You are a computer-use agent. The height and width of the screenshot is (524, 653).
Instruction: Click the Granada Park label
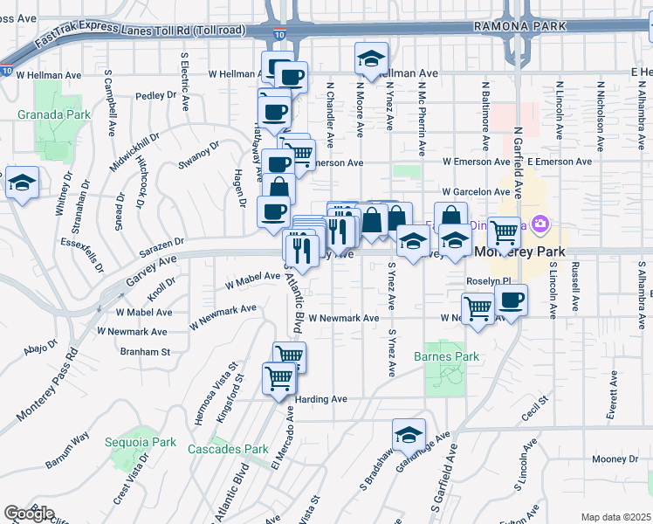pyautogui.click(x=42, y=114)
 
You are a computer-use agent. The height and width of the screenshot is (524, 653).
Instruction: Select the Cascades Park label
pyautogui.click(x=228, y=449)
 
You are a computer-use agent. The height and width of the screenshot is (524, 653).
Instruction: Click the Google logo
pyautogui.click(x=29, y=514)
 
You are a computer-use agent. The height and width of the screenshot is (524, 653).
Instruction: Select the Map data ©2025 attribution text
pyautogui.click(x=615, y=517)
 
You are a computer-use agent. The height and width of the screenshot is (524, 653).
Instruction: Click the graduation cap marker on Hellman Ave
pyautogui.click(x=371, y=59)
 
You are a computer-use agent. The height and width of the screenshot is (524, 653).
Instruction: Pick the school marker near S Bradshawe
pyautogui.click(x=408, y=433)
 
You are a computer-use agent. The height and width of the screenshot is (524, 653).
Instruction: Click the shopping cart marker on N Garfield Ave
pyautogui.click(x=504, y=232)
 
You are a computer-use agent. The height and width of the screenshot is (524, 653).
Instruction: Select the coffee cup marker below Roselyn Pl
pyautogui.click(x=511, y=301)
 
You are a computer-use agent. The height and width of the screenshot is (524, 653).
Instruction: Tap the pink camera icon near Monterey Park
pyautogui.click(x=540, y=225)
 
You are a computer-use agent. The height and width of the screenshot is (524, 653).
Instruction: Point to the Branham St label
pyautogui.click(x=145, y=351)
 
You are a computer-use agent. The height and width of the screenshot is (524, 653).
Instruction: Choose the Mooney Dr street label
pyautogui.click(x=615, y=459)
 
